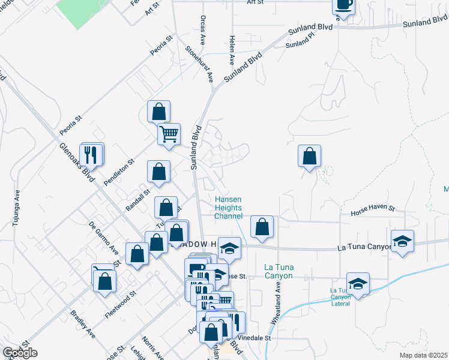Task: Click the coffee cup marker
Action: pos(344,5)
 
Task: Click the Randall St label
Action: pos(139,195)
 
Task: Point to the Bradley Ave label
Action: pos(82,323)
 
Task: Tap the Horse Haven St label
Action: pos(373,209)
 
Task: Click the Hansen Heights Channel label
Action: pos(229,208)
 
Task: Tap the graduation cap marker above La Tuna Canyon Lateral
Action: pos(358,283)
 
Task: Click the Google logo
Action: pos(20,353)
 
